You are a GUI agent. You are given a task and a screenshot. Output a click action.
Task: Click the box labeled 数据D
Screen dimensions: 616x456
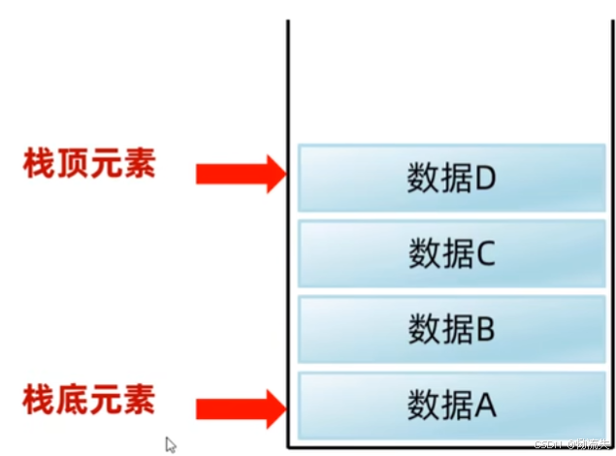(452, 178)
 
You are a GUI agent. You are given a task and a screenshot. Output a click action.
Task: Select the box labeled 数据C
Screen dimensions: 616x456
(452, 253)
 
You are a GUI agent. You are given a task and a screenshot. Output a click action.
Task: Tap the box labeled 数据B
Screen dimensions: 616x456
(452, 329)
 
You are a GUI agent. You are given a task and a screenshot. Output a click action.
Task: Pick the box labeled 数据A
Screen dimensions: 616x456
(452, 404)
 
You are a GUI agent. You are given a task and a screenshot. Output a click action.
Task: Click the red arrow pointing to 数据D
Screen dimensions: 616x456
(239, 174)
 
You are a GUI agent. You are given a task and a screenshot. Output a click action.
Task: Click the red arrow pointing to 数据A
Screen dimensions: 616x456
(239, 407)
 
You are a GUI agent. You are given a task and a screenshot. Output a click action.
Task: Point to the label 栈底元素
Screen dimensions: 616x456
(88, 399)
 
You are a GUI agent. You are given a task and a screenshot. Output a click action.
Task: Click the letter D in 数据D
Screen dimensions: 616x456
(486, 179)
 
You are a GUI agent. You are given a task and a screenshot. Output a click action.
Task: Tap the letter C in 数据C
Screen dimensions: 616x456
(486, 254)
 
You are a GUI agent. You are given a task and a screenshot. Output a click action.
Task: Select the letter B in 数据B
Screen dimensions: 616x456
(486, 330)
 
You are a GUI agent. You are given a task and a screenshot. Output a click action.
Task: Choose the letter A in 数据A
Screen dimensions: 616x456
(486, 405)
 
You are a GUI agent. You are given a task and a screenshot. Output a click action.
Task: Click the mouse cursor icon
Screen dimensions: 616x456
(171, 444)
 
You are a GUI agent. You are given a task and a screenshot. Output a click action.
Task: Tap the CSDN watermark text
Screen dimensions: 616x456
(573, 444)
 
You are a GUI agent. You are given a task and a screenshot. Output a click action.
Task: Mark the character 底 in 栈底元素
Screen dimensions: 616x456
(72, 399)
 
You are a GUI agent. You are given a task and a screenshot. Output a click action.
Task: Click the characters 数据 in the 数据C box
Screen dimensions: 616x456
(440, 254)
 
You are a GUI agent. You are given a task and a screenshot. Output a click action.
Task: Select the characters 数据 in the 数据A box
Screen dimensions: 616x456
(440, 405)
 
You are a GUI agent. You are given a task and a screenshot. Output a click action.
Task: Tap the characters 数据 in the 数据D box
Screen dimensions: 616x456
(440, 179)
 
